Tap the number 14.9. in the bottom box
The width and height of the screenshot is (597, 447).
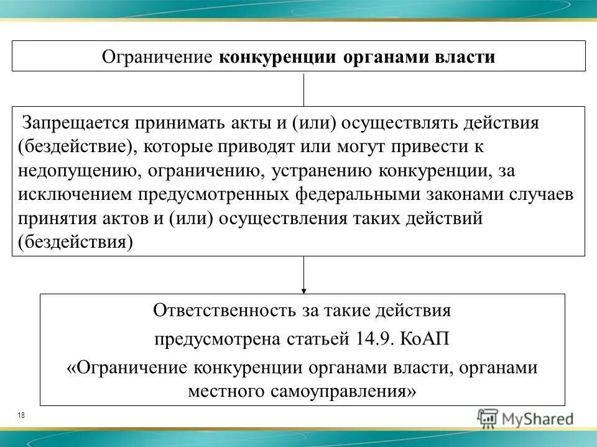pos(376,340)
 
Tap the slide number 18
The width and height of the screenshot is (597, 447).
pos(22,415)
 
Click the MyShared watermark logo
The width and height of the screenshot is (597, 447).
pos(525,418)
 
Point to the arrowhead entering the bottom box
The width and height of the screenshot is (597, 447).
pos(303,289)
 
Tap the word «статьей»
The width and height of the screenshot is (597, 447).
pos(323,340)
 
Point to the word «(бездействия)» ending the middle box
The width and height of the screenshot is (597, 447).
pos(76,242)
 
